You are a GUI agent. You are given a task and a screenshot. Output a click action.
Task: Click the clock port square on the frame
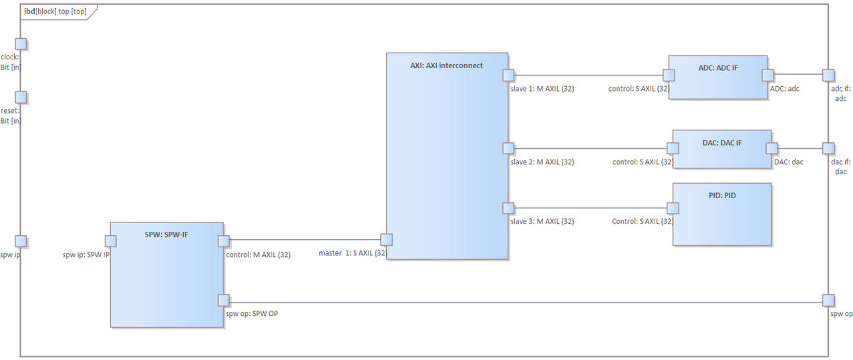21,44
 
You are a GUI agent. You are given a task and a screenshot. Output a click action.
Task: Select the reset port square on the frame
21,98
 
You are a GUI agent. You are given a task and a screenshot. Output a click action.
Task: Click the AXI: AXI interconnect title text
446,65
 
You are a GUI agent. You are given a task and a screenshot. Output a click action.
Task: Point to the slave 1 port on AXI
508,75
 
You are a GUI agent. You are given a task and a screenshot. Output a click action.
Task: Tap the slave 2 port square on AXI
508,148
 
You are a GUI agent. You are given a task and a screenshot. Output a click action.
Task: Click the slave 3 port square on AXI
508,208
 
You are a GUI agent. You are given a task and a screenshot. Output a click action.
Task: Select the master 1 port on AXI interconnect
386,239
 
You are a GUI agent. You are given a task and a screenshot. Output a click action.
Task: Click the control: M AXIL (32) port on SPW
224,240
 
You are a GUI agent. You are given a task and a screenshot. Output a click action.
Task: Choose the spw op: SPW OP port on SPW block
224,300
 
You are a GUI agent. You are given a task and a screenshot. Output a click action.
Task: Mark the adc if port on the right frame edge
828,75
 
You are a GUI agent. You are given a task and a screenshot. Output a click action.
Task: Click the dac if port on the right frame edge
828,148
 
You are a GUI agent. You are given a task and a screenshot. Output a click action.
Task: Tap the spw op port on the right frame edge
828,300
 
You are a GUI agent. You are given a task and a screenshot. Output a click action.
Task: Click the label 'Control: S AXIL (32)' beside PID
642,221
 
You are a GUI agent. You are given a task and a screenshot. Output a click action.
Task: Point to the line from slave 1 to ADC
588,75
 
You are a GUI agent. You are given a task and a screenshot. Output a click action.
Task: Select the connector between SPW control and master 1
305,239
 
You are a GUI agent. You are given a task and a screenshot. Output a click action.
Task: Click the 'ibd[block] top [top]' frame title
55,11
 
